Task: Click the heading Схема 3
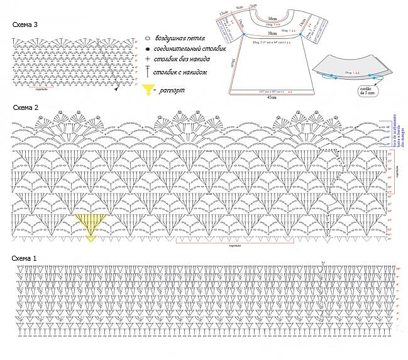(x=25, y=25)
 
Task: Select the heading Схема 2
(x=25, y=107)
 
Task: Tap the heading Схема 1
(x=25, y=258)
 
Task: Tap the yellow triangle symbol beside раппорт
(x=148, y=90)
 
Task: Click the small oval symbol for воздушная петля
(x=146, y=39)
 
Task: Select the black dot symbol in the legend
(x=146, y=49)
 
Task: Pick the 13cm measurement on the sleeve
(x=223, y=12)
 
